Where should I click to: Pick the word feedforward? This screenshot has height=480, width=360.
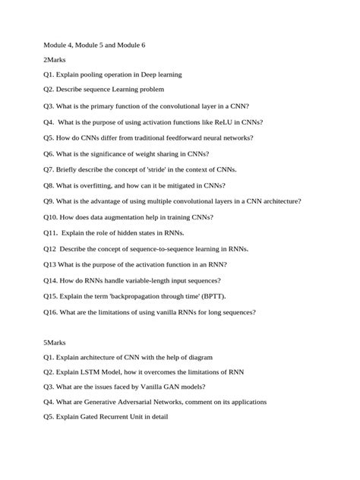[187, 137]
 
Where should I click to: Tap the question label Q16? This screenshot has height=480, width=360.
[52, 311]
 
